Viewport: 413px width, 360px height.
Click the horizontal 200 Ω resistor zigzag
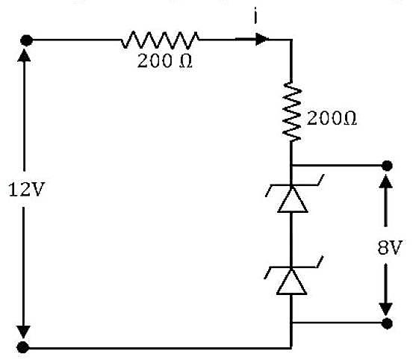point(160,40)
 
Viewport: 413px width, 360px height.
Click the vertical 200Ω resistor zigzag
point(291,111)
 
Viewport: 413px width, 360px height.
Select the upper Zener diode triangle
point(293,199)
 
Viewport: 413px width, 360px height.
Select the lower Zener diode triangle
point(291,282)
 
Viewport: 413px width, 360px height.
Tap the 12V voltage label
point(27,190)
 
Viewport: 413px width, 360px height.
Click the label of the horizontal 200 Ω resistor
point(164,61)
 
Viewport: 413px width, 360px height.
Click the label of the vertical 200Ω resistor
point(332,118)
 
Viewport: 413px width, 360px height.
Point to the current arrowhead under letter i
point(261,40)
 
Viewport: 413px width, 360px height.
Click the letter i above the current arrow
point(255,17)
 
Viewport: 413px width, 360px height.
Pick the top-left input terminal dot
point(26,40)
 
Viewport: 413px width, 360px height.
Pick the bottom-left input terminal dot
point(23,347)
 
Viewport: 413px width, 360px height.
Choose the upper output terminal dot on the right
point(387,166)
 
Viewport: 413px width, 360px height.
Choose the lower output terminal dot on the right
point(387,323)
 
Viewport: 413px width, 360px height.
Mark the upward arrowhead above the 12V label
point(24,55)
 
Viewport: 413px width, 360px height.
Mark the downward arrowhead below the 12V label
point(23,332)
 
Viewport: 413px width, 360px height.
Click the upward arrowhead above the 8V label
point(386,181)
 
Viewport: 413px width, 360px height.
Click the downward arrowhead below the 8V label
point(386,309)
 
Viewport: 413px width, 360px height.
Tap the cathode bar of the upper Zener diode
point(294,185)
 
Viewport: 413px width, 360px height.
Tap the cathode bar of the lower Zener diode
point(294,267)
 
